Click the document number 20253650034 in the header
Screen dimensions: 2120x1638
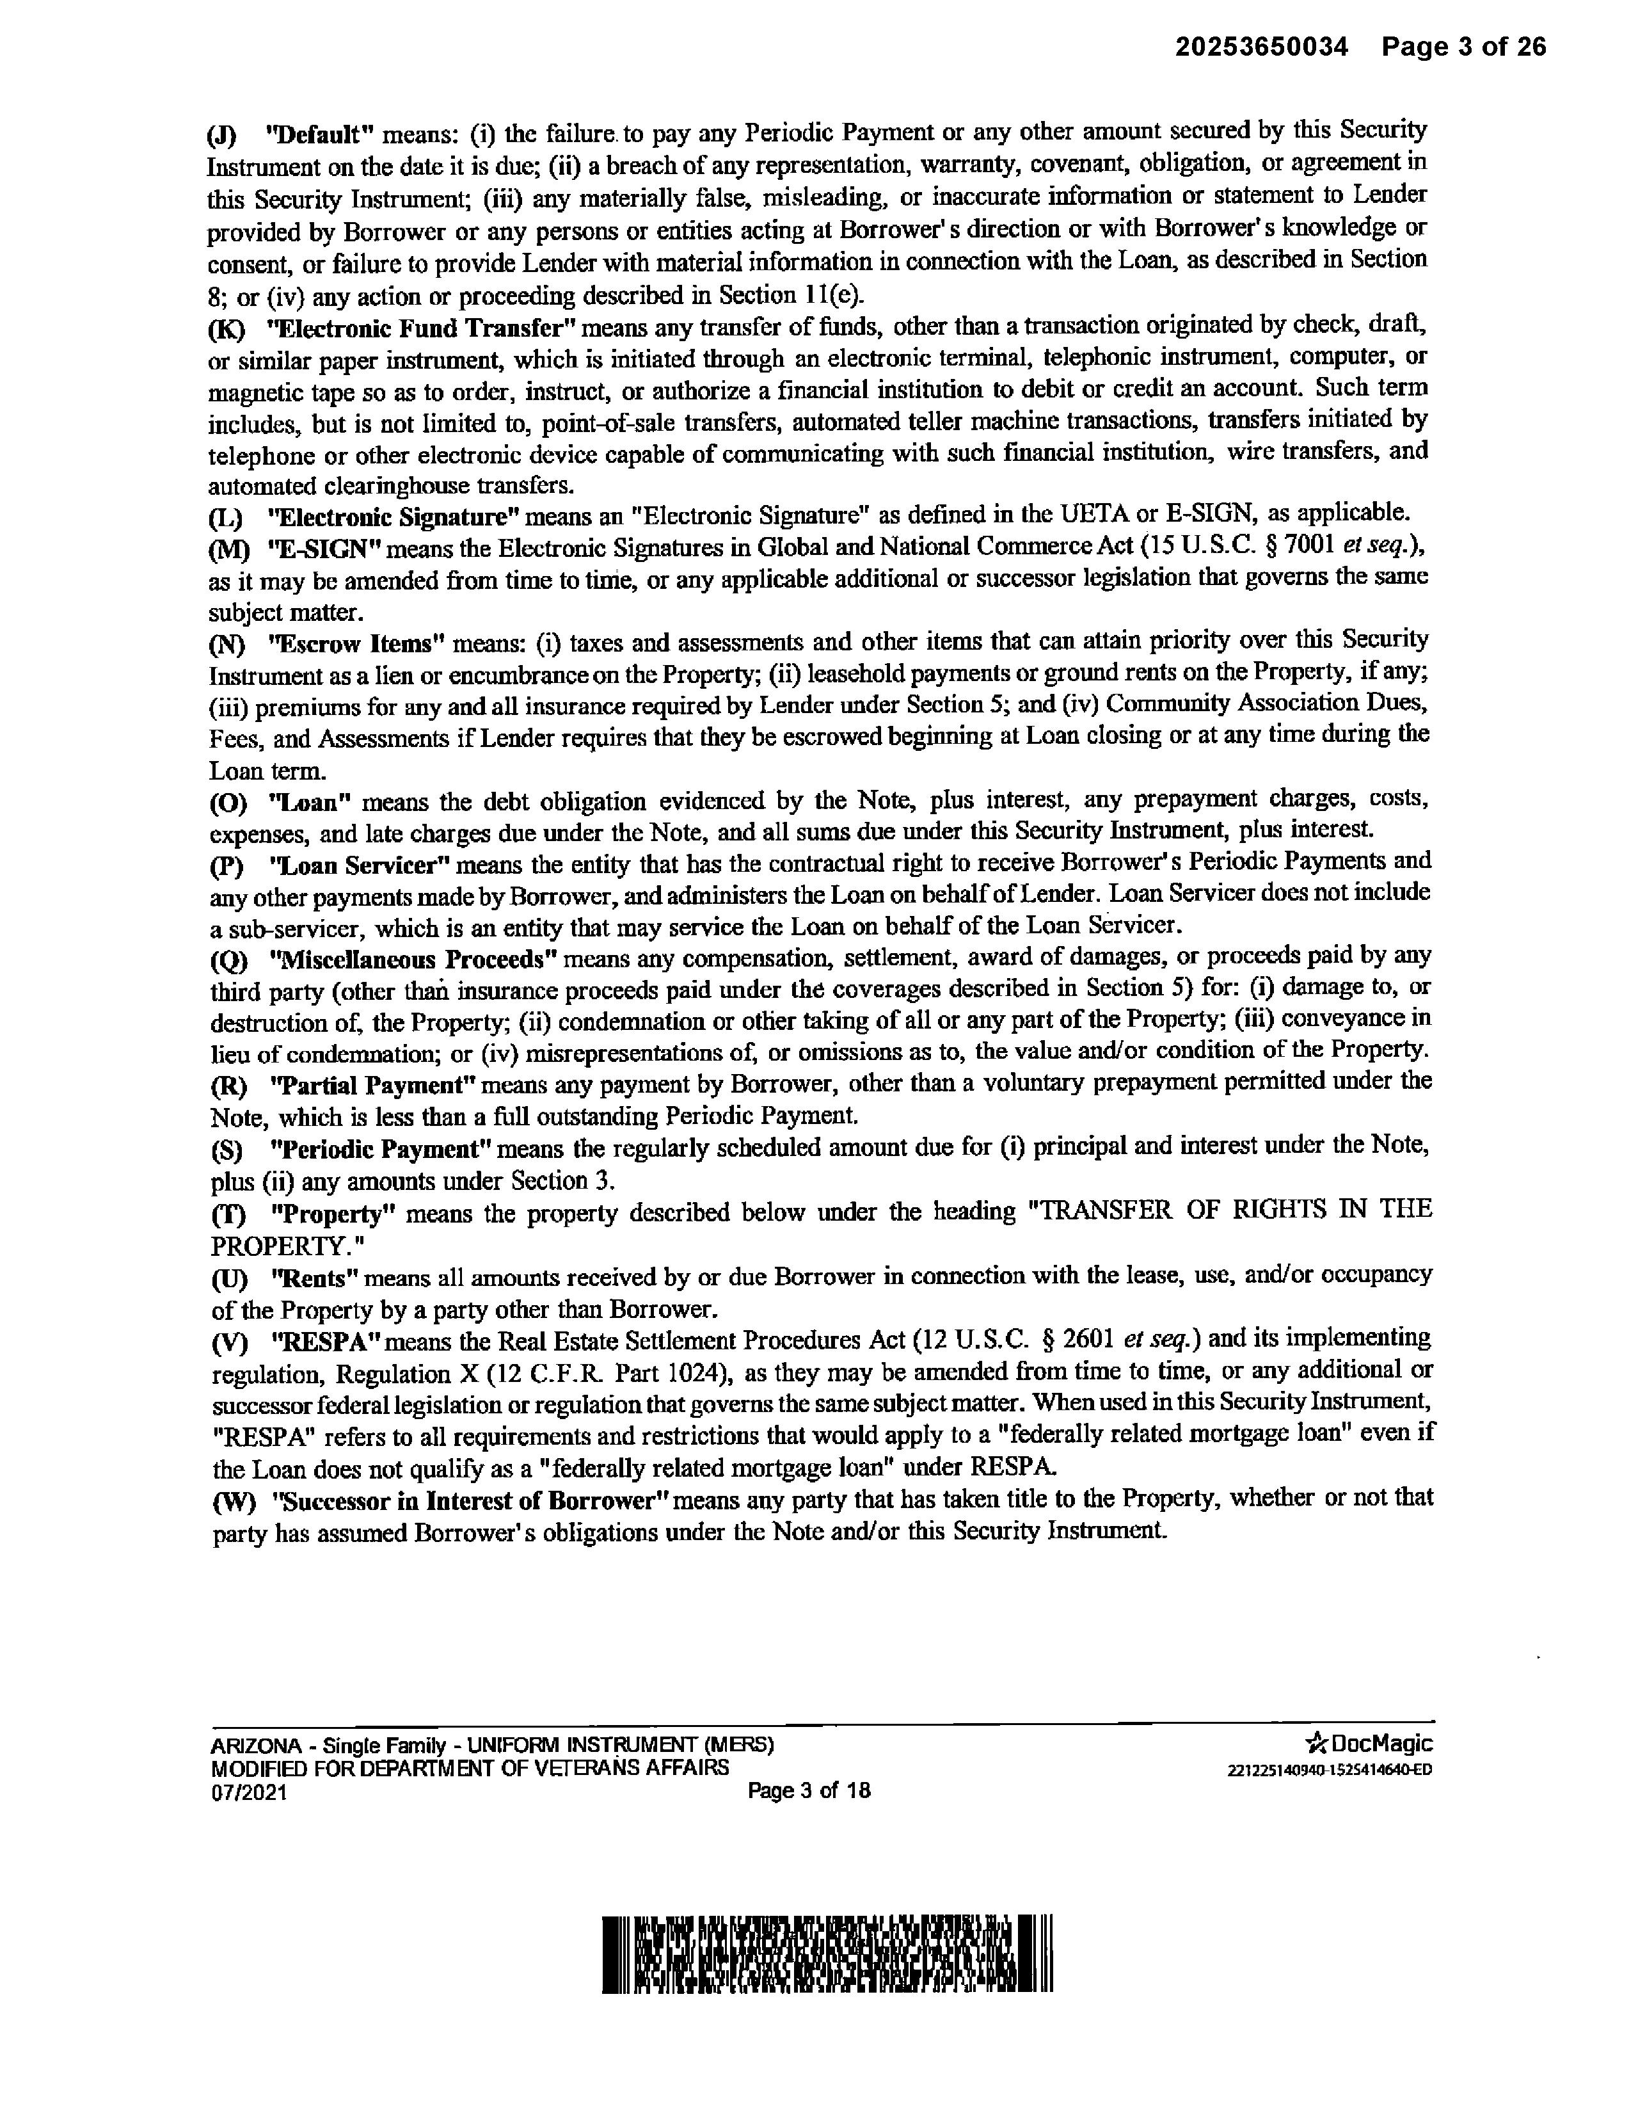(1262, 47)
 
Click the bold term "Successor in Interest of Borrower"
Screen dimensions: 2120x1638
(472, 1500)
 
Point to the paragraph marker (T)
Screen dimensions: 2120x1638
(229, 1214)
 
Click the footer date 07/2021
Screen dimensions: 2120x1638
(250, 1794)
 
